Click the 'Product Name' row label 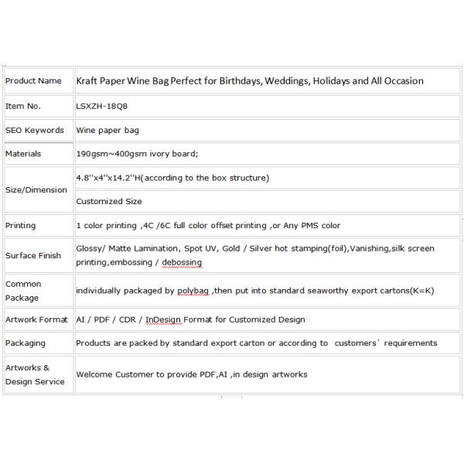33,80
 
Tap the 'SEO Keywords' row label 34,130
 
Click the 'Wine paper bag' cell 107,130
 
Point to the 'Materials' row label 23,154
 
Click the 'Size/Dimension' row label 36,189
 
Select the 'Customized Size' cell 109,202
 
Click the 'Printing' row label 21,226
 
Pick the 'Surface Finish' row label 34,255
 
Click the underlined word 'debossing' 183,263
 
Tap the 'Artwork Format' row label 37,319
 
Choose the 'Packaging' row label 26,343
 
